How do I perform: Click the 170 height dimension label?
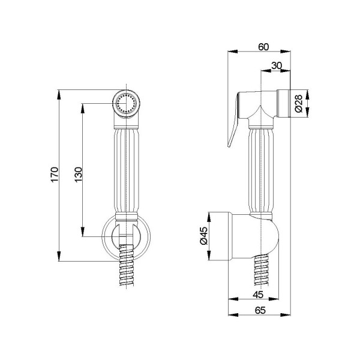point(53,175)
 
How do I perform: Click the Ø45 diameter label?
point(203,238)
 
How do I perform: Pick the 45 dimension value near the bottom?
point(257,295)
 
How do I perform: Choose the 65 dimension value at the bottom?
point(259,311)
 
